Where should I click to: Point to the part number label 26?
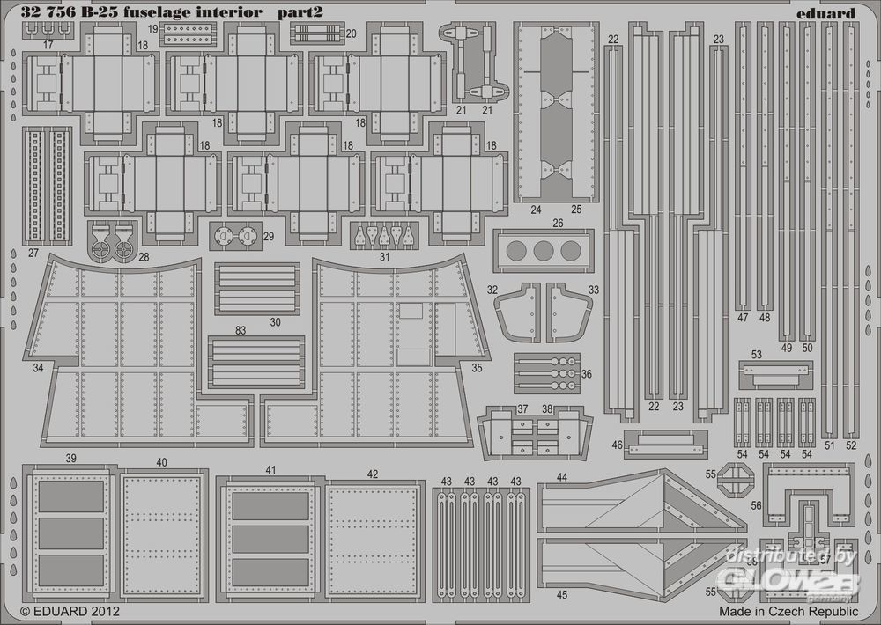(557, 223)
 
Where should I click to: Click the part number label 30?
(276, 322)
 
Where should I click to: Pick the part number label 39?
(70, 459)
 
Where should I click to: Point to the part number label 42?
(373, 474)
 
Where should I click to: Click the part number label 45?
(562, 594)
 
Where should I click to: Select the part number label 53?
(756, 355)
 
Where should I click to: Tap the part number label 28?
(144, 256)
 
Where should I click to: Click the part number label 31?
(384, 257)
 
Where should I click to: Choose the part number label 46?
(617, 445)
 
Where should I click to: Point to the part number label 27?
(33, 253)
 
